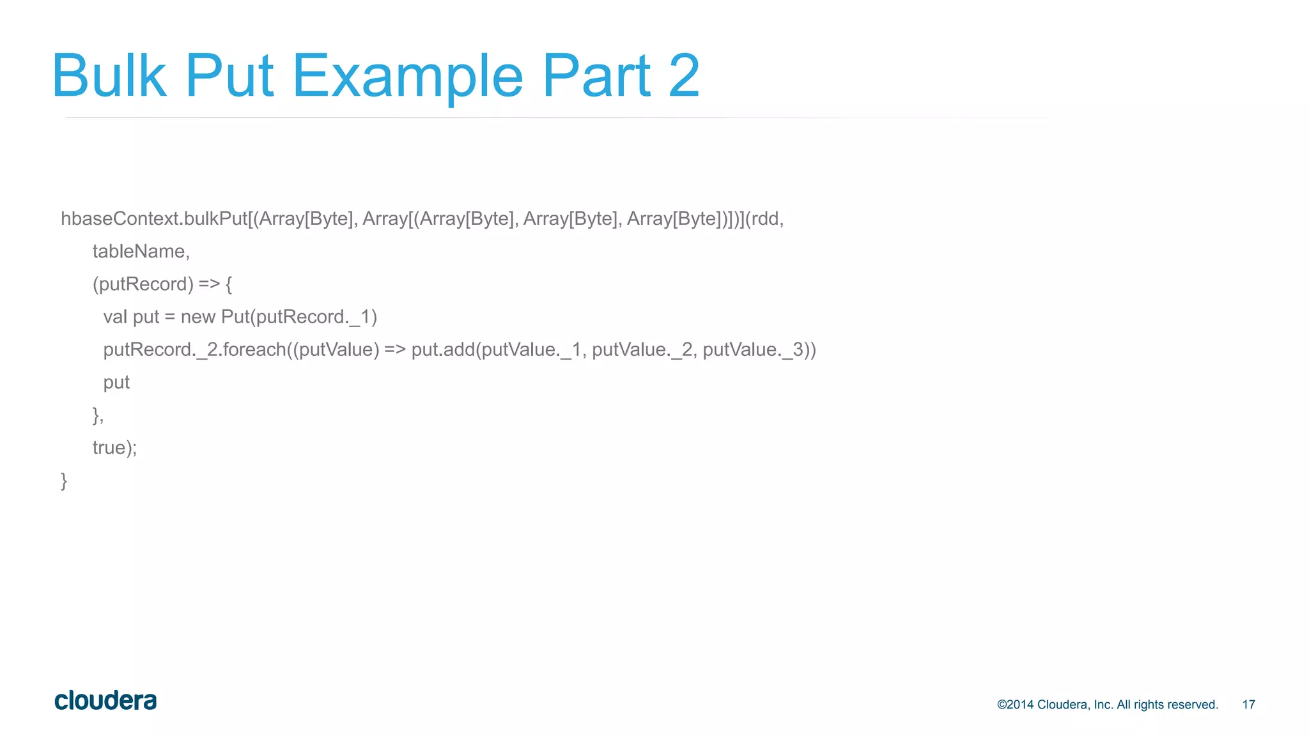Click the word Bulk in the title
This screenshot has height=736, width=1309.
tap(109, 76)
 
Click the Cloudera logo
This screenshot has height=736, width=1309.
tap(105, 701)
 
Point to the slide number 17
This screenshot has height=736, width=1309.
tap(1248, 705)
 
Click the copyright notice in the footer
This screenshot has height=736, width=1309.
tap(1107, 705)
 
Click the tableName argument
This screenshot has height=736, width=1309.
tap(141, 252)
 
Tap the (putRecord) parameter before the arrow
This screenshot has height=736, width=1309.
tap(143, 284)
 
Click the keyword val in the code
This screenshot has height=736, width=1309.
tap(115, 317)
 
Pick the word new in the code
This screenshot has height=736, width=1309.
tap(198, 317)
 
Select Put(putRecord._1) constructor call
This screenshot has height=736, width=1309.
tap(299, 317)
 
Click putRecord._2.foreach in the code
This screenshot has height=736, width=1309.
tap(194, 350)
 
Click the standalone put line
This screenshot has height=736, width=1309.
tap(116, 383)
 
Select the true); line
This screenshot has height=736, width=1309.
tap(114, 448)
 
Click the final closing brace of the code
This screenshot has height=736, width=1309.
tap(64, 480)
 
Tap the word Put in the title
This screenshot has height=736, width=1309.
tap(229, 76)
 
